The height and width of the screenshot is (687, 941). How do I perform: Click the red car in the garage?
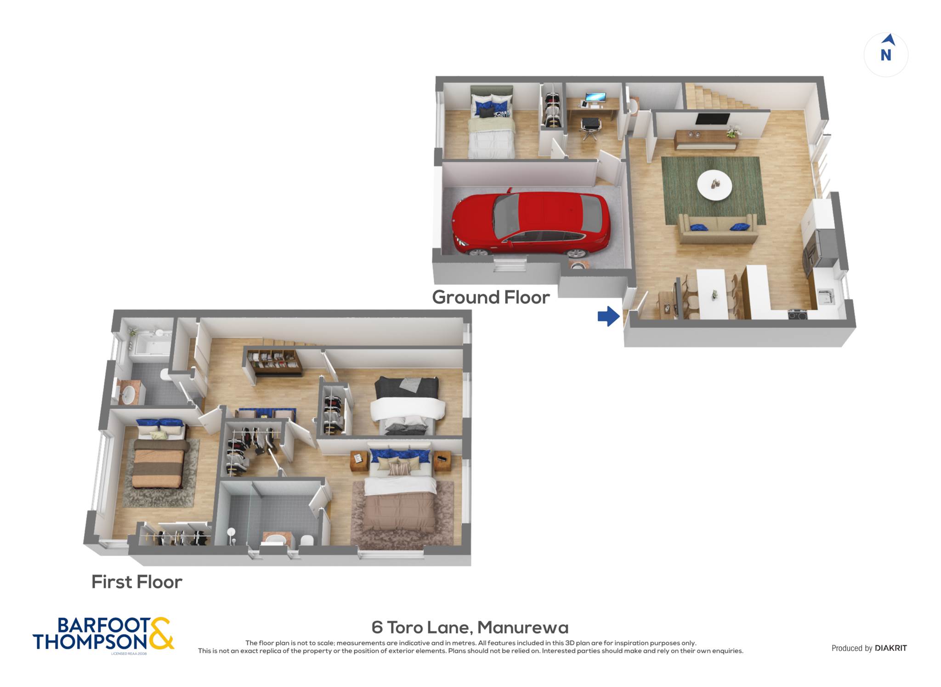coord(531,224)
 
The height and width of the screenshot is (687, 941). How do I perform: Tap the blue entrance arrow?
coord(609,316)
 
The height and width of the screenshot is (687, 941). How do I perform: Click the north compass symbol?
coord(886,54)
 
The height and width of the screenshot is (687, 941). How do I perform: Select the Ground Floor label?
coord(491,297)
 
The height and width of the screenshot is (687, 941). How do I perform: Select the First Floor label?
coord(137,582)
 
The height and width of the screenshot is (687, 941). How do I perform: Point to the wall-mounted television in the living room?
coord(712,119)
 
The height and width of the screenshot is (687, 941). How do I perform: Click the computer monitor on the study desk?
coord(595,97)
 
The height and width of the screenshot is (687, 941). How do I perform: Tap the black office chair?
coord(590,128)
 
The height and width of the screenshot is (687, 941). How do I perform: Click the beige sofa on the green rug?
coord(717,229)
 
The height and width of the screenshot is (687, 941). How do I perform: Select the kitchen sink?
coord(826,297)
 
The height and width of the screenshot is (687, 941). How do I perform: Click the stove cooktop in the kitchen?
coord(798,315)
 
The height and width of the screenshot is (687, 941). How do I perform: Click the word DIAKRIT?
coord(891,648)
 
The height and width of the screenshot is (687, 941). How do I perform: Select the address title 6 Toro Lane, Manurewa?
coord(470,627)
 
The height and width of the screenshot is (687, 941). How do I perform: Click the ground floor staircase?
coord(719,97)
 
